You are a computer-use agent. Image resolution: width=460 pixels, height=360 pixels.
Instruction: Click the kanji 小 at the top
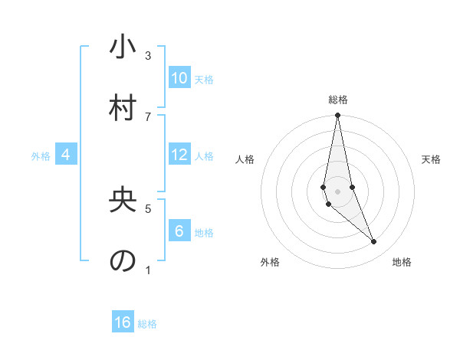point(123,48)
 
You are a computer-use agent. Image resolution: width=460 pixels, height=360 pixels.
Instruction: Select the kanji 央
point(123,200)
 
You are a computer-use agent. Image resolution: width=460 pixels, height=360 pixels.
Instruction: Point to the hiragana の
point(123,260)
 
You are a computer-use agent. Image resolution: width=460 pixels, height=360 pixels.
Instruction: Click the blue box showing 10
point(179,78)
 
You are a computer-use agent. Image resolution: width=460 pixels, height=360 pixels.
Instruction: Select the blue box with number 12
point(179,155)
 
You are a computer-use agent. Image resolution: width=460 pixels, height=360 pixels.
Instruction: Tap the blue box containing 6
point(179,231)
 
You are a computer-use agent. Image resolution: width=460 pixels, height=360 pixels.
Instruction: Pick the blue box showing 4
point(66,155)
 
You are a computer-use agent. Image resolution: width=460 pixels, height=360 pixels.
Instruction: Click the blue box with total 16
point(123,322)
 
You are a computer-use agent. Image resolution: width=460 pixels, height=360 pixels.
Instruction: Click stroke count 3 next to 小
point(148,56)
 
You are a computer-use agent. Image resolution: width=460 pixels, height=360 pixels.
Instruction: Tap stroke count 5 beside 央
point(148,208)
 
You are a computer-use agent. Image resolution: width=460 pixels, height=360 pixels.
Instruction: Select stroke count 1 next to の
point(148,269)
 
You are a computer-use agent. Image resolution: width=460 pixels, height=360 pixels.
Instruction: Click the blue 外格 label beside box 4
point(41,156)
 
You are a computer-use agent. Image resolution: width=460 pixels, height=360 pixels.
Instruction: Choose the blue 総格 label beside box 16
point(147,324)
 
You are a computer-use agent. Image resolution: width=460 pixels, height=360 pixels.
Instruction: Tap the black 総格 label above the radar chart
point(338,100)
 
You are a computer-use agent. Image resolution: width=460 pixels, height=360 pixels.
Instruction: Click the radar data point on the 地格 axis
point(374,242)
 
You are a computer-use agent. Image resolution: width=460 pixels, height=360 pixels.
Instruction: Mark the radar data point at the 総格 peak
point(337,116)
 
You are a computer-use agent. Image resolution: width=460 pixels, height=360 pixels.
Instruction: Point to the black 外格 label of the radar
point(270,262)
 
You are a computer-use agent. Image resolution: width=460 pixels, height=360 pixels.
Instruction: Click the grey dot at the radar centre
point(337,191)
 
